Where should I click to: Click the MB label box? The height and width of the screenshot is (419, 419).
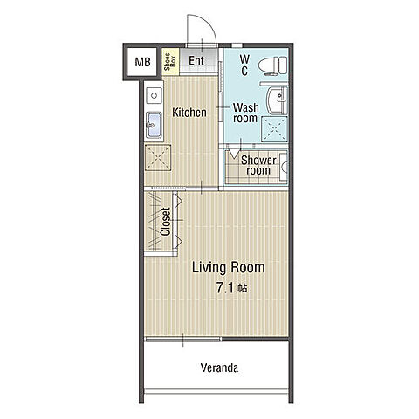(x=142, y=62)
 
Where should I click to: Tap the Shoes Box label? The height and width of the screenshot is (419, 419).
(x=170, y=62)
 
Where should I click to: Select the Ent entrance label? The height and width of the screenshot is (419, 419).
(x=196, y=60)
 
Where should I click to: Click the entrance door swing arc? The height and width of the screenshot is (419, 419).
(x=205, y=24)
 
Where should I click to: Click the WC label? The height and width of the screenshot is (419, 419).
(x=244, y=65)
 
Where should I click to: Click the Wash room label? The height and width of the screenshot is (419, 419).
(x=246, y=113)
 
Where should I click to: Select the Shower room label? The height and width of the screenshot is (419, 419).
(x=258, y=165)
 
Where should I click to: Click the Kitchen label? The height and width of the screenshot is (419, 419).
(x=189, y=113)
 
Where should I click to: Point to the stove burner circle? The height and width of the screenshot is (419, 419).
(x=154, y=95)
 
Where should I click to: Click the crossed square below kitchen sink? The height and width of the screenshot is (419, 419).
(x=158, y=158)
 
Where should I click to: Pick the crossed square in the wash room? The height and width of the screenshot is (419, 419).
(x=274, y=129)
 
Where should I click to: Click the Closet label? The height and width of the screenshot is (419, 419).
(x=165, y=222)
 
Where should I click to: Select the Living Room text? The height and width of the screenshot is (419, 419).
(x=229, y=267)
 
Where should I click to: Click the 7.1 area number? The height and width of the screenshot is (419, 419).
(x=225, y=288)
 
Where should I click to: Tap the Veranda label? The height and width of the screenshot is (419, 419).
(x=219, y=367)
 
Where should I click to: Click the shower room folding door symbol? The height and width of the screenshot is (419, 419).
(x=234, y=153)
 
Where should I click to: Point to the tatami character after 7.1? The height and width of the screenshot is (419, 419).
(x=243, y=288)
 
